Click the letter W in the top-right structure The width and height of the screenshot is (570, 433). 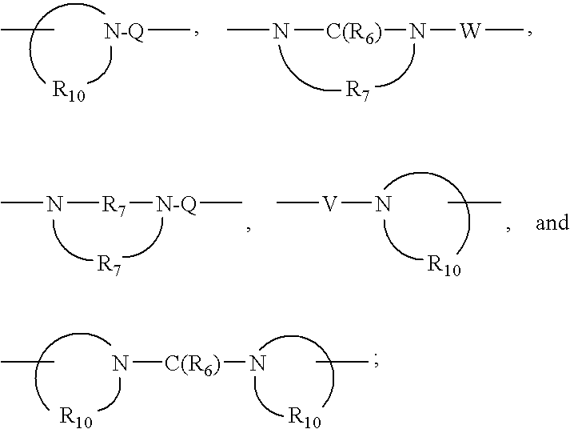pos(470,33)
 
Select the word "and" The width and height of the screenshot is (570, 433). pos(552,223)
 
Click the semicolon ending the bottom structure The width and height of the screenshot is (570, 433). pos(376,363)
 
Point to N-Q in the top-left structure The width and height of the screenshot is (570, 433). pos(125,33)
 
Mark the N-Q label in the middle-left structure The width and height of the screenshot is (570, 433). pos(176,204)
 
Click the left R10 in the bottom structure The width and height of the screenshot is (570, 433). pos(77,416)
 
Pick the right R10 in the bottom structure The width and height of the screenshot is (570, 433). pos(305,416)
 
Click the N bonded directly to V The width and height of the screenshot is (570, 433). pos(384,204)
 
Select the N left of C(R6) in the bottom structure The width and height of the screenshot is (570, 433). pos(121,364)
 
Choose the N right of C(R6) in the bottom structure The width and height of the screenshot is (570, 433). pos(256,364)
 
